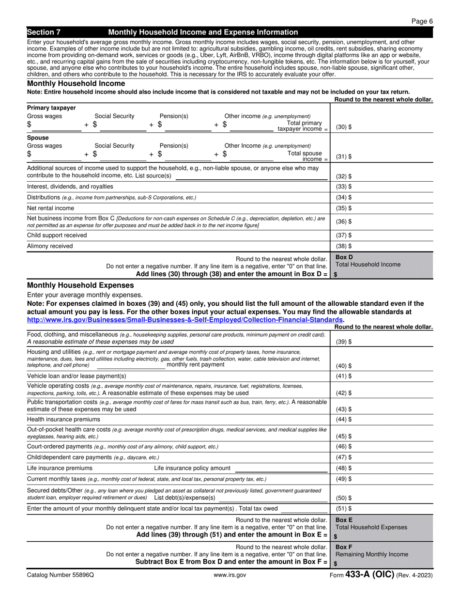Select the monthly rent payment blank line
[130, 366]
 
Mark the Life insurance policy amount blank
[281, 469]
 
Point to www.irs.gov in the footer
[230, 575]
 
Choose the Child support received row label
[57, 235]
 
